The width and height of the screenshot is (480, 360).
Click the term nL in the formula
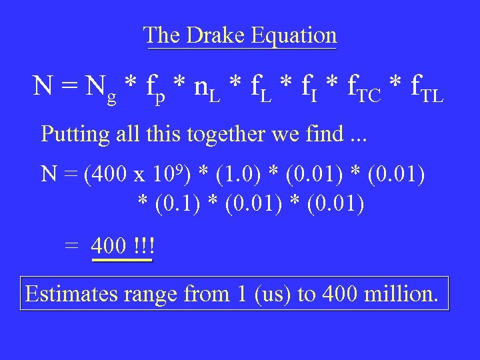click(x=203, y=89)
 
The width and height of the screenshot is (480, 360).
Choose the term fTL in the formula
click(x=421, y=89)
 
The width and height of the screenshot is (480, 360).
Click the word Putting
click(x=75, y=134)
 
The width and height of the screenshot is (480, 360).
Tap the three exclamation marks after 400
click(x=143, y=246)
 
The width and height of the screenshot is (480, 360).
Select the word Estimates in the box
click(x=71, y=294)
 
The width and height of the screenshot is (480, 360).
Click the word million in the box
click(x=403, y=294)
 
